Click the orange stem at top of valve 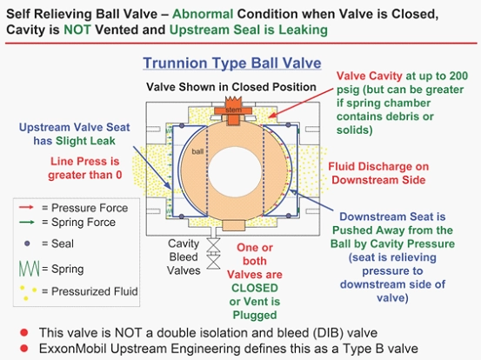[233, 110]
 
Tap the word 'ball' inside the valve [197, 151]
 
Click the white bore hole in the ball [236, 171]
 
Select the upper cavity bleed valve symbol [213, 246]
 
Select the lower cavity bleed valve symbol [213, 262]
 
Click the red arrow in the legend [26, 208]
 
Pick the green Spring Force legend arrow [26, 222]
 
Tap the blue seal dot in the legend [27, 243]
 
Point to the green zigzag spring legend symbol [30, 269]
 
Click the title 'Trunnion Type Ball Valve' [232, 63]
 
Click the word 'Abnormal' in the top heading [203, 14]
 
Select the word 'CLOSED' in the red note [255, 288]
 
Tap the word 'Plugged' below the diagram [255, 315]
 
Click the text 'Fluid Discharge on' [378, 166]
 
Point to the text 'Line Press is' [85, 161]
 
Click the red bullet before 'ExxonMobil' [24, 349]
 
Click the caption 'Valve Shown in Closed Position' [231, 87]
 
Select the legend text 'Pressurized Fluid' [95, 291]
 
